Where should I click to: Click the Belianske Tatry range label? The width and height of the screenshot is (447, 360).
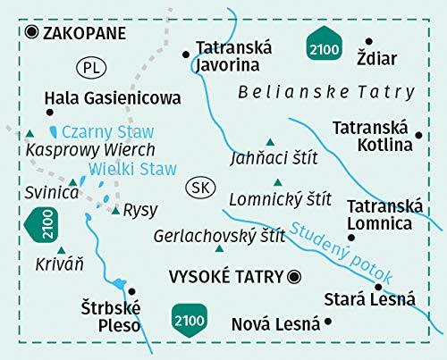tap(327, 91)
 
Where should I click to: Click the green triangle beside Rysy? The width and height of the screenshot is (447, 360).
tap(115, 211)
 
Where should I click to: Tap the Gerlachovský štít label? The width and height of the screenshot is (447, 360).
tap(218, 237)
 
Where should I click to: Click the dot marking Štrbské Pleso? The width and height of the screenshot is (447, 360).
tap(131, 291)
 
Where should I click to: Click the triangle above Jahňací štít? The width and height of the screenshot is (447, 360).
tap(267, 142)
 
